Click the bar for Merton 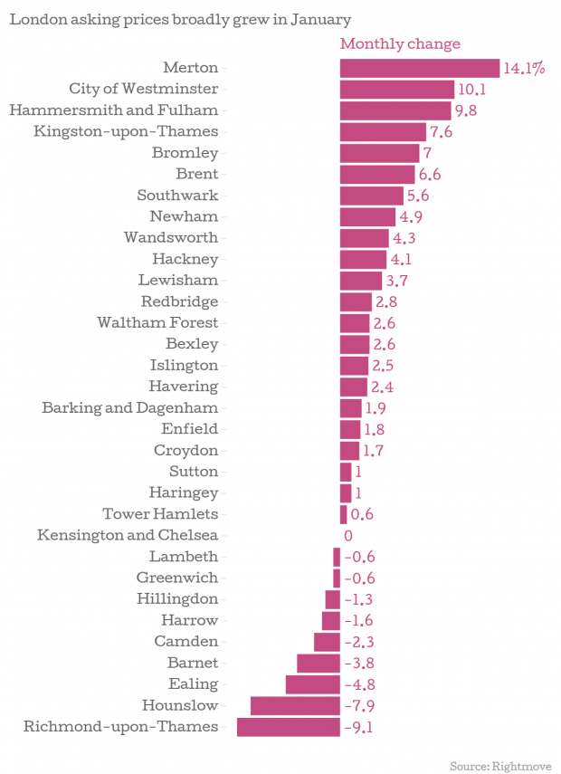click(x=419, y=68)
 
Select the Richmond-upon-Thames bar click(x=288, y=727)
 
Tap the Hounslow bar click(x=295, y=706)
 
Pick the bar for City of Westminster click(x=396, y=89)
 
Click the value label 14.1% click(x=524, y=68)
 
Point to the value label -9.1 click(x=359, y=727)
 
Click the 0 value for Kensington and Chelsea click(x=348, y=536)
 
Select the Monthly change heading click(x=399, y=43)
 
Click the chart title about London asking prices click(x=180, y=19)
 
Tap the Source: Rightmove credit click(x=500, y=765)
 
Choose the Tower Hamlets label click(x=159, y=514)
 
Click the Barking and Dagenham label click(x=129, y=407)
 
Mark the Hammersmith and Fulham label click(x=113, y=110)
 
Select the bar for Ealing click(x=312, y=684)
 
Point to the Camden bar click(x=327, y=642)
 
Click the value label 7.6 click(x=441, y=132)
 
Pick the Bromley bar click(x=379, y=153)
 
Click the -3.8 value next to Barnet click(x=359, y=664)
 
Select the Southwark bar click(x=371, y=196)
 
